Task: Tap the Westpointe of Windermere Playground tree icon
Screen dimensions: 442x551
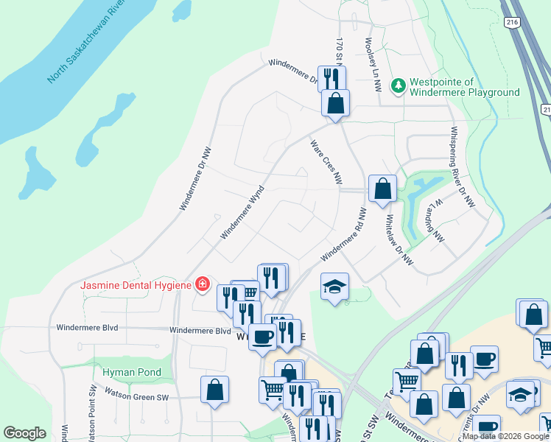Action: click(399, 86)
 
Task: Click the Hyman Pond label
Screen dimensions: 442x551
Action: click(132, 372)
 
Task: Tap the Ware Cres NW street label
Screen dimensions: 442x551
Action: click(326, 162)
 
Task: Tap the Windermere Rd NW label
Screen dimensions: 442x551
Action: click(343, 234)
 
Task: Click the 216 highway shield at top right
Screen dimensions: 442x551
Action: click(512, 24)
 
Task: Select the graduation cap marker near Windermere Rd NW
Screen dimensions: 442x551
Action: click(334, 287)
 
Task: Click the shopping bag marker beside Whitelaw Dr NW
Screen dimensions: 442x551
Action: click(383, 189)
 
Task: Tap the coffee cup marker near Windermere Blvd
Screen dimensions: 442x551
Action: click(262, 337)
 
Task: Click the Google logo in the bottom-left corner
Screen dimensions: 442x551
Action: click(24, 433)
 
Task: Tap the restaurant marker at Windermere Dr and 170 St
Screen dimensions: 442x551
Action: click(331, 78)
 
